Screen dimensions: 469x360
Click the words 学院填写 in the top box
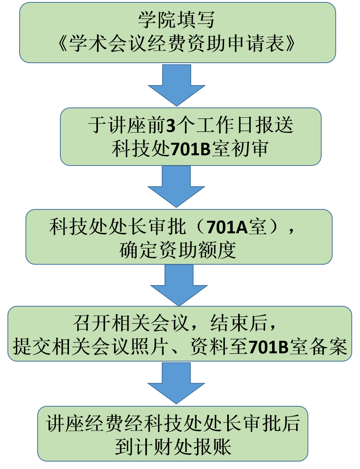(x=177, y=20)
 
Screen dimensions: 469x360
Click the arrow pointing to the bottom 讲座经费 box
(x=176, y=382)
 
